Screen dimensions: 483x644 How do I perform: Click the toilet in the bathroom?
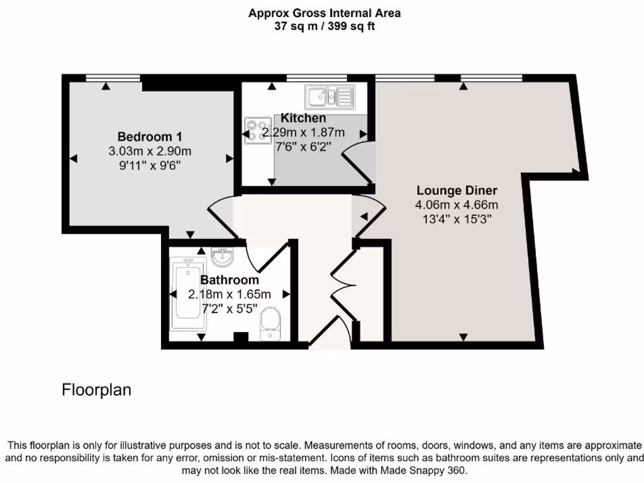pyautogui.click(x=272, y=323)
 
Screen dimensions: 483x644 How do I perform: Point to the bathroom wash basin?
pyautogui.click(x=222, y=257)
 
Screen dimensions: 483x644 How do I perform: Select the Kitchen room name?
pyautogui.click(x=303, y=118)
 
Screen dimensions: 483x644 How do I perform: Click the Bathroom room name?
pyautogui.click(x=230, y=280)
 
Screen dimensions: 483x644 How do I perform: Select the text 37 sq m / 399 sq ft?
pyautogui.click(x=325, y=26)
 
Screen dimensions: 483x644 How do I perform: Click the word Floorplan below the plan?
pyautogui.click(x=96, y=390)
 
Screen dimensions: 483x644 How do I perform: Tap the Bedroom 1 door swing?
pyautogui.click(x=220, y=217)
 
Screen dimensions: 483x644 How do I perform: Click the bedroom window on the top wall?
pyautogui.click(x=113, y=78)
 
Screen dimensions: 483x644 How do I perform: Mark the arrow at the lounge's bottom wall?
pyautogui.click(x=464, y=338)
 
